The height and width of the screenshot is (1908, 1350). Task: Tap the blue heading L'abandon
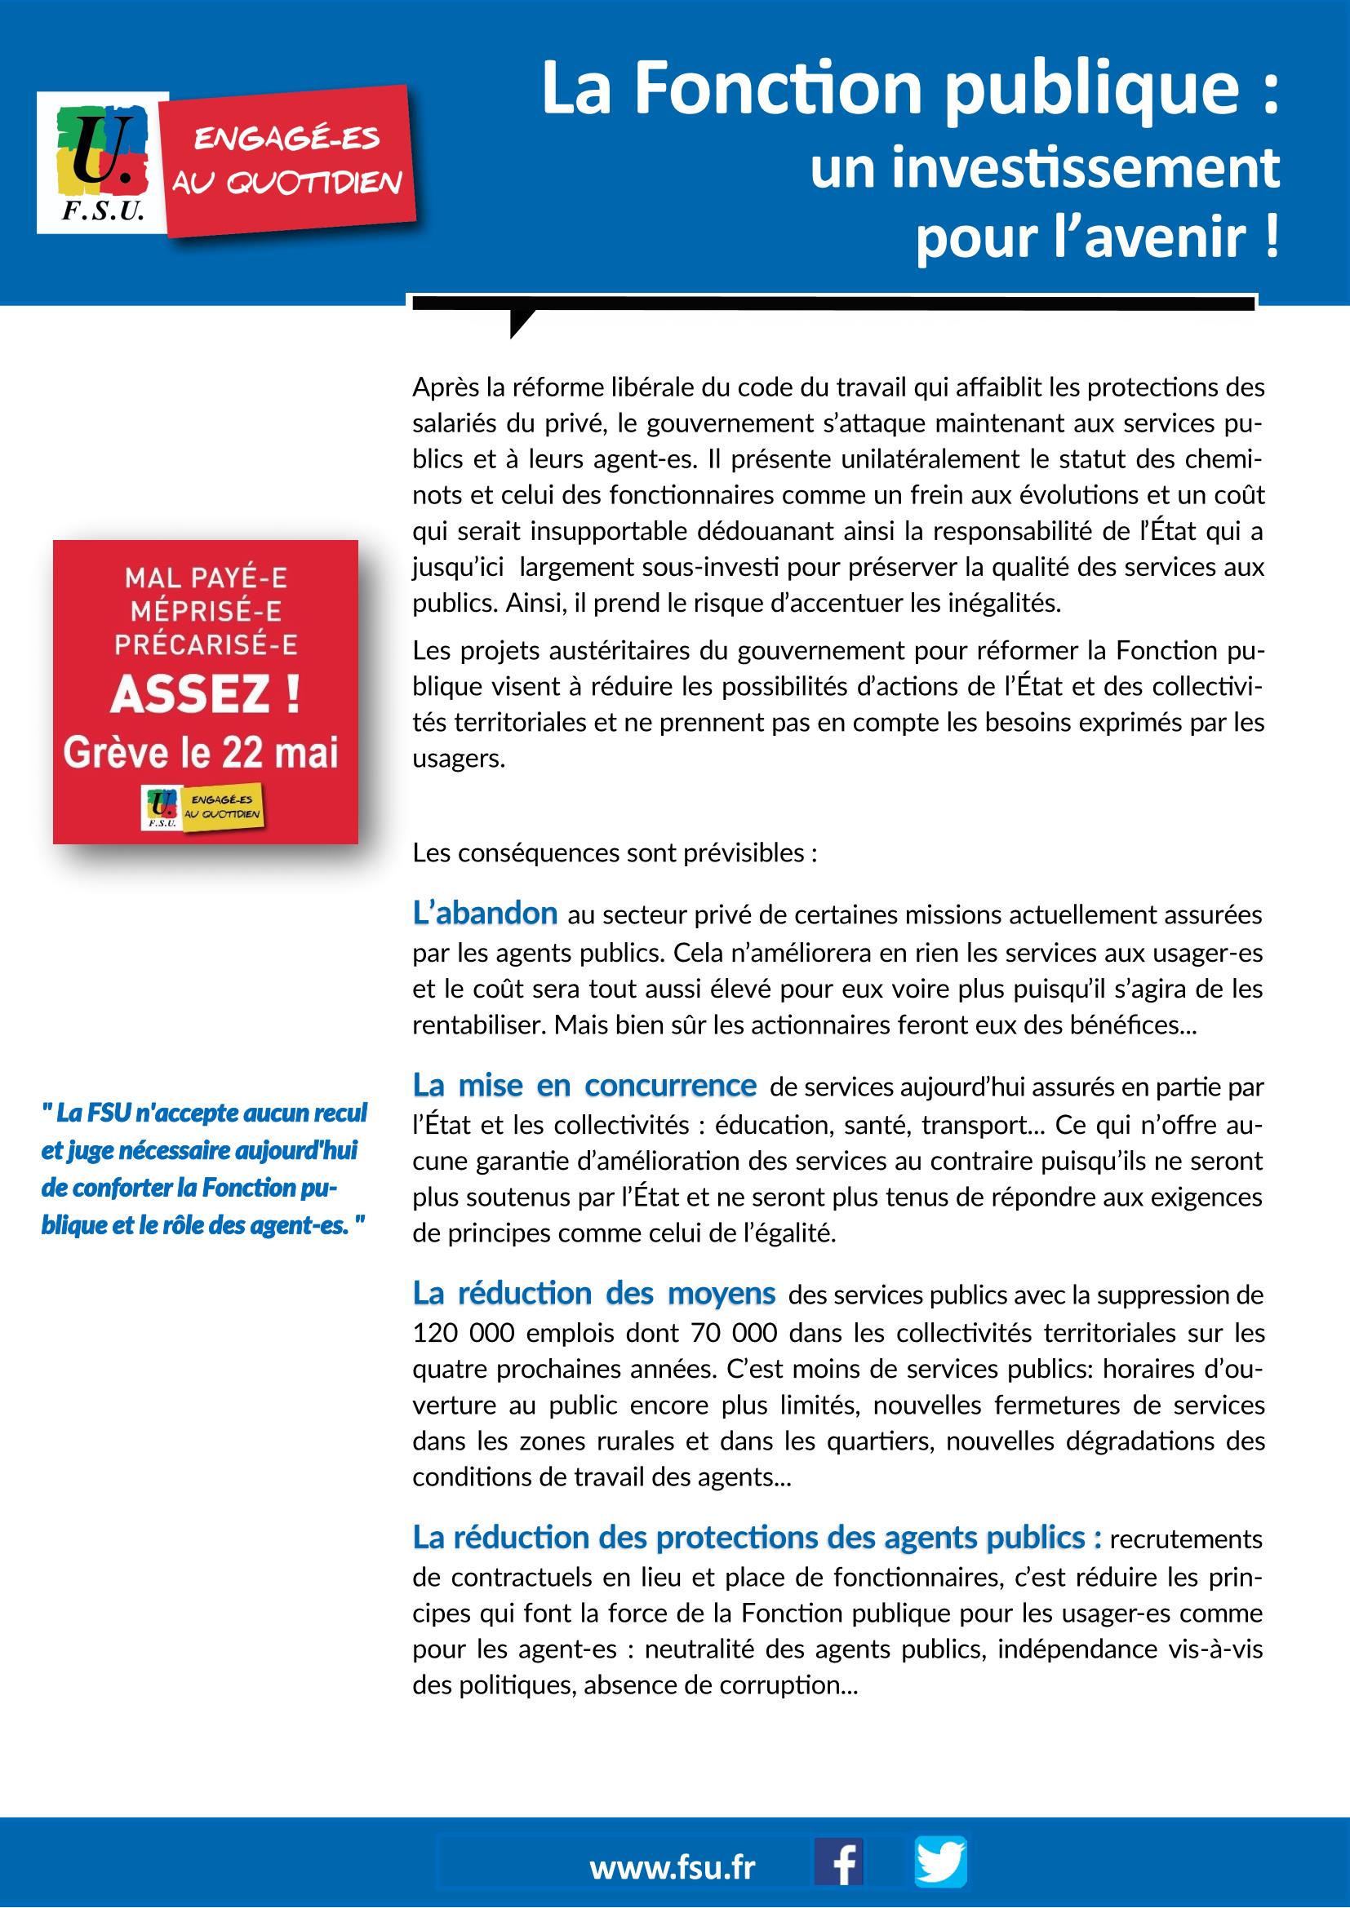(485, 914)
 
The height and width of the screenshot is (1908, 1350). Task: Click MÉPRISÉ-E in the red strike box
(206, 611)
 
